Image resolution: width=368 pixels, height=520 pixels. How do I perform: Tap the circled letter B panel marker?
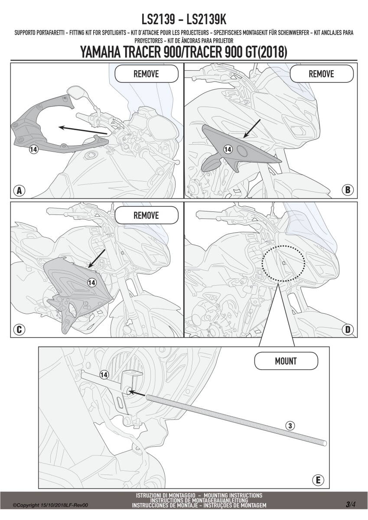click(x=348, y=190)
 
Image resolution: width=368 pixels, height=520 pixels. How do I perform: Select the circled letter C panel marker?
click(x=19, y=329)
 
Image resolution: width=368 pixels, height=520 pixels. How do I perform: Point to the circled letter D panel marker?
click(x=348, y=329)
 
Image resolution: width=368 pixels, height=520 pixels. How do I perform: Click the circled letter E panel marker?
click(x=318, y=480)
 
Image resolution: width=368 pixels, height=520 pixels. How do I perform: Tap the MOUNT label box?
click(x=286, y=361)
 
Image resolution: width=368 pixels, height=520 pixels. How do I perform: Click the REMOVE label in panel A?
click(x=146, y=74)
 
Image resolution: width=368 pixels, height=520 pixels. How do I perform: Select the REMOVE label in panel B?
click(x=321, y=74)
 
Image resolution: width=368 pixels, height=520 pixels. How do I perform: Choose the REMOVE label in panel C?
click(x=146, y=215)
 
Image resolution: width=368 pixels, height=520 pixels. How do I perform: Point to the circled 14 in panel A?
click(x=33, y=149)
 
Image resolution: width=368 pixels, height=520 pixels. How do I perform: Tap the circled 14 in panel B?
click(x=228, y=149)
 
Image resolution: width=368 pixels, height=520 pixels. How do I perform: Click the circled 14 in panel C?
click(x=92, y=283)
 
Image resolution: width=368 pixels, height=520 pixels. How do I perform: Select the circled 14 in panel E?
click(x=104, y=375)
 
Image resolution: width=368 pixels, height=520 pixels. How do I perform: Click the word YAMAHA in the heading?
click(x=101, y=52)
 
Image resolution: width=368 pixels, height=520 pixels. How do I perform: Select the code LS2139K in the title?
click(x=206, y=19)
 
